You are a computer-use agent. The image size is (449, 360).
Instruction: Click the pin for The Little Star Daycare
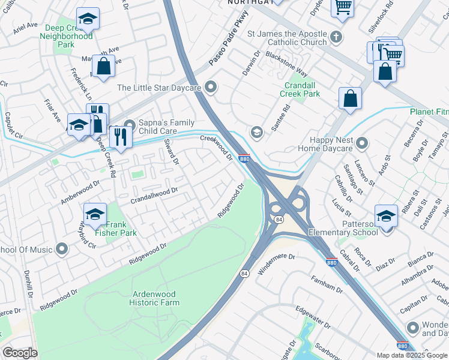210,88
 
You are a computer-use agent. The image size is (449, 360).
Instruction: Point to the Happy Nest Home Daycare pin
361,143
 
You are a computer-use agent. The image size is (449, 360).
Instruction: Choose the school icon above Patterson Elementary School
386,215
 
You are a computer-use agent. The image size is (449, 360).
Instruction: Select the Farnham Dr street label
326,286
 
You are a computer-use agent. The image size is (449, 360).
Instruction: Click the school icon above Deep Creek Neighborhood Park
88,19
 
